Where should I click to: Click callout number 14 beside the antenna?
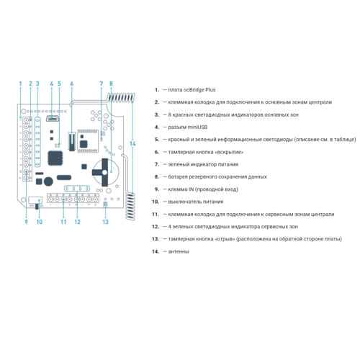click(x=132, y=144)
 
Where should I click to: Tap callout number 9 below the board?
click(x=26, y=222)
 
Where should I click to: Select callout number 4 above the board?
click(x=51, y=84)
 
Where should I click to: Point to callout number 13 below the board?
click(x=106, y=222)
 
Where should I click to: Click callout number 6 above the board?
click(x=71, y=84)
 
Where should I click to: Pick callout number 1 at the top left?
click(x=20, y=84)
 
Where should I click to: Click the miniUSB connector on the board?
click(x=53, y=118)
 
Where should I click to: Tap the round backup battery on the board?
click(x=106, y=172)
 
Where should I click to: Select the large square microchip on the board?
click(x=55, y=158)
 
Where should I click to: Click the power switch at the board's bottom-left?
click(x=37, y=206)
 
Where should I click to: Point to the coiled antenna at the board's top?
click(x=121, y=97)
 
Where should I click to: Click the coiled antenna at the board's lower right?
click(x=130, y=207)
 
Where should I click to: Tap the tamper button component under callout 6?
click(x=72, y=141)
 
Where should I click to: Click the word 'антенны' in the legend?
click(x=179, y=251)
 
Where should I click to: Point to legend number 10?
click(x=156, y=202)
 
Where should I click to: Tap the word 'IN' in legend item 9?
click(x=191, y=189)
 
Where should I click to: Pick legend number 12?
click(x=156, y=226)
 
